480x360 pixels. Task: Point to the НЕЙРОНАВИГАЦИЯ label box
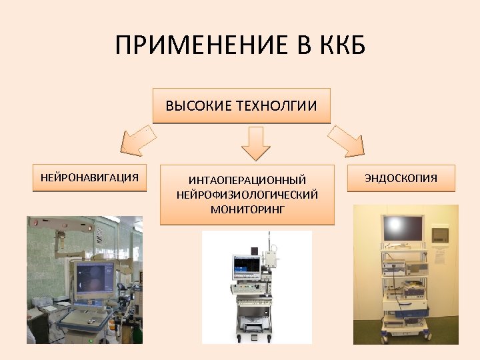click(89, 177)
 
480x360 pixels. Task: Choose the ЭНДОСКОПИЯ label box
click(401, 178)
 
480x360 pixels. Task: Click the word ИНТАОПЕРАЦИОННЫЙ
click(247, 181)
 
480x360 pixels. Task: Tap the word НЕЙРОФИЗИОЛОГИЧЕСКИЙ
click(247, 195)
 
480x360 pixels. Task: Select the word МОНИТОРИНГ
click(247, 209)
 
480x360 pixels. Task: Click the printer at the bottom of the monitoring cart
click(255, 326)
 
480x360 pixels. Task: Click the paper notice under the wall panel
click(441, 257)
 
